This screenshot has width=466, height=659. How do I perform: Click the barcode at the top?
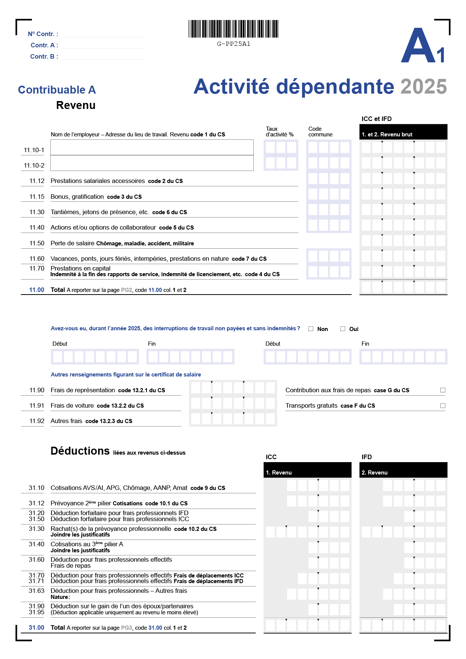tap(233, 29)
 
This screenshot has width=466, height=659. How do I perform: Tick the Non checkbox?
tap(311, 329)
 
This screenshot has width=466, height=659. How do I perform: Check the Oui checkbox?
tap(343, 329)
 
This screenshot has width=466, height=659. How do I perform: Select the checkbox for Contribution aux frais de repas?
tap(443, 390)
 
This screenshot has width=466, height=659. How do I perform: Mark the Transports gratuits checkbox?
tap(443, 406)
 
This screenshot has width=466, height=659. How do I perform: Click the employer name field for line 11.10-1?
tap(152, 148)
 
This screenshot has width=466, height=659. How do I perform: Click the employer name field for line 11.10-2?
tap(152, 163)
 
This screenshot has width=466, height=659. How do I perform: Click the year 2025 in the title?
tap(424, 87)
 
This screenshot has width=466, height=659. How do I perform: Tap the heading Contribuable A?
tap(57, 90)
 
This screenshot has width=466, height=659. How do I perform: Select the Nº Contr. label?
tap(43, 34)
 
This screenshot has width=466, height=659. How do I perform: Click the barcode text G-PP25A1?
tap(233, 44)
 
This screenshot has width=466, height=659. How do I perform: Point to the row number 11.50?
tap(37, 243)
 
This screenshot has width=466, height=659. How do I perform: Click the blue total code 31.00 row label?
tap(36, 628)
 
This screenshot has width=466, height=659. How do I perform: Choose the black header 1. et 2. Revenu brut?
tap(403, 134)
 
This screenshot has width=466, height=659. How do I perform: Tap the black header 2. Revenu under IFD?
tap(403, 472)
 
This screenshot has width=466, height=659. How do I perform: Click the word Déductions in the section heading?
tap(80, 451)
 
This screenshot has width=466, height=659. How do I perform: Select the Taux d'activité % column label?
tap(280, 131)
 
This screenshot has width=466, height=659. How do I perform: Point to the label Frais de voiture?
tap(72, 406)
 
